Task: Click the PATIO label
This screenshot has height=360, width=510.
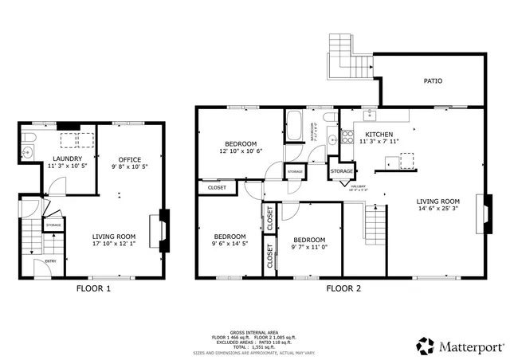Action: click(433, 81)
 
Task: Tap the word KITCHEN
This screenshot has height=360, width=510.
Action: click(379, 134)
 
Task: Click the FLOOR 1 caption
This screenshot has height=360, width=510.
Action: click(93, 288)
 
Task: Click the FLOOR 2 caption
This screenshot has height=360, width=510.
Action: click(343, 288)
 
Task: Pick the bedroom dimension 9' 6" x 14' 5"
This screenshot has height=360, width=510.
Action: click(229, 244)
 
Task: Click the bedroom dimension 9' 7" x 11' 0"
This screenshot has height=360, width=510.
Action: click(308, 248)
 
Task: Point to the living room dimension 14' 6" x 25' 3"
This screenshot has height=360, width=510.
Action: click(439, 209)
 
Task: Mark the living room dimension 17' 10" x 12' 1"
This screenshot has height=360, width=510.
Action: click(113, 244)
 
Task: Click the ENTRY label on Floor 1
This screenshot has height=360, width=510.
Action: click(50, 261)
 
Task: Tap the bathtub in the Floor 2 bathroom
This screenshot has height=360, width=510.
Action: click(294, 127)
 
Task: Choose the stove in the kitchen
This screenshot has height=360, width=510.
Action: click(347, 136)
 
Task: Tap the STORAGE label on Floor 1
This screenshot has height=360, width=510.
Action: click(53, 225)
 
